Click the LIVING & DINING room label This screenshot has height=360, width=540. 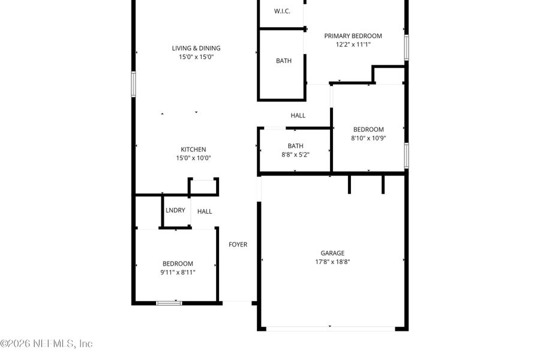pyautogui.click(x=196, y=49)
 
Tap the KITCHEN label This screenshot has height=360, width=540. pyautogui.click(x=193, y=150)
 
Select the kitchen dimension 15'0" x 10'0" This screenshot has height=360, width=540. pyautogui.click(x=193, y=158)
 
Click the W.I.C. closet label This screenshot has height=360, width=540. pyautogui.click(x=282, y=11)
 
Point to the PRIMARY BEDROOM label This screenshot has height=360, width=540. pyautogui.click(x=353, y=36)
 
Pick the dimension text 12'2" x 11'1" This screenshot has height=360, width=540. pyautogui.click(x=353, y=44)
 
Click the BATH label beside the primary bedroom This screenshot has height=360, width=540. pyautogui.click(x=284, y=61)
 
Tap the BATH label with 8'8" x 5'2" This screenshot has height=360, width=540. pyautogui.click(x=295, y=146)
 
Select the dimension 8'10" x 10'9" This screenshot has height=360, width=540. pyautogui.click(x=368, y=138)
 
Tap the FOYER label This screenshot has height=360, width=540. pyautogui.click(x=238, y=245)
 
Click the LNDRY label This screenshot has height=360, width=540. pyautogui.click(x=175, y=211)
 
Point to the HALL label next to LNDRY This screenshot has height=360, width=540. pyautogui.click(x=205, y=211)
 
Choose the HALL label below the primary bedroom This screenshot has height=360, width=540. pyautogui.click(x=298, y=116)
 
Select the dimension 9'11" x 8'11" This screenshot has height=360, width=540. pyautogui.click(x=178, y=272)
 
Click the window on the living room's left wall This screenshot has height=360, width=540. pyautogui.click(x=133, y=84)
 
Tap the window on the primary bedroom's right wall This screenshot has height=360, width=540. pyautogui.click(x=406, y=47)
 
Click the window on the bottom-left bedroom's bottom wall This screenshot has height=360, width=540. pyautogui.click(x=169, y=303)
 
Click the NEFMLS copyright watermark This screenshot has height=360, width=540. pyautogui.click(x=47, y=344)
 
